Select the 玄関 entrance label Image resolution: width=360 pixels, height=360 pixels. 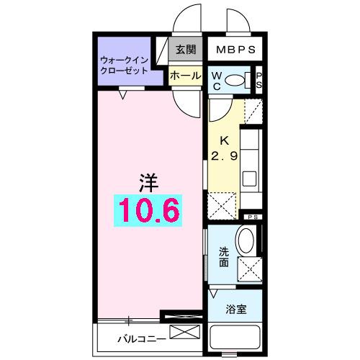point(185,50)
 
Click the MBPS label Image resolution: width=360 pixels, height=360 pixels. point(233,51)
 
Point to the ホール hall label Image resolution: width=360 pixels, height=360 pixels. point(185,74)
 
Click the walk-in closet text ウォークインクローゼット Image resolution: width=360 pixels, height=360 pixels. point(124,66)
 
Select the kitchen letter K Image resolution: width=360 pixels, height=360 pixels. point(223,141)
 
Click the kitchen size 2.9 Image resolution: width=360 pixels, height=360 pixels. point(223,155)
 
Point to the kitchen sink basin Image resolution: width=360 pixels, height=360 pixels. point(250,178)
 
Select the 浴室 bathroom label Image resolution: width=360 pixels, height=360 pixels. point(235,309)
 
